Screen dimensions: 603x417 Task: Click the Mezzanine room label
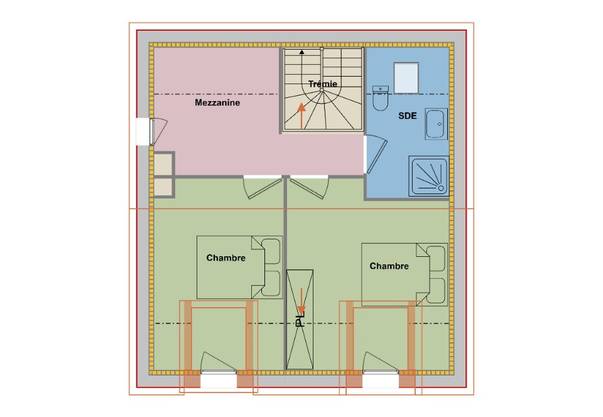217,102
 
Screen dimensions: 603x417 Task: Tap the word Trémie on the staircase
323,84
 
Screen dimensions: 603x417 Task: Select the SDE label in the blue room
407,116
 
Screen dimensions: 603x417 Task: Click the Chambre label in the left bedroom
225,258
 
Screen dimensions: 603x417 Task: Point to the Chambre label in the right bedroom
389,266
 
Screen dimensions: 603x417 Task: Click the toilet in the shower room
381,98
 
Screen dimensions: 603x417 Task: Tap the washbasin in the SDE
436,124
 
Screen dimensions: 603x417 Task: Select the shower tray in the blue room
429,176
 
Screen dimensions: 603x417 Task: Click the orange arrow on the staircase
301,116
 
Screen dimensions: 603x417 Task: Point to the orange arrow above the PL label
301,301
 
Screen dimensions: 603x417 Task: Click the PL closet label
300,322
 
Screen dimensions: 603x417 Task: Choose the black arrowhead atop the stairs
302,52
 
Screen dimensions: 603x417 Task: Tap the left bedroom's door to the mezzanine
263,188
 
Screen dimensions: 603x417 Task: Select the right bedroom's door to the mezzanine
310,188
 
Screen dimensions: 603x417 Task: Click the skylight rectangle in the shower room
406,78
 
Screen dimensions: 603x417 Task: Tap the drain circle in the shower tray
441,188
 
